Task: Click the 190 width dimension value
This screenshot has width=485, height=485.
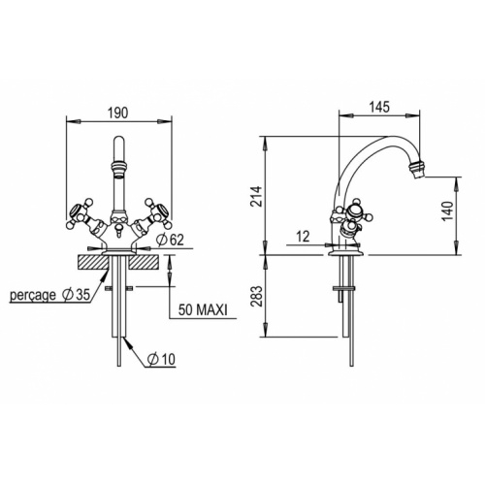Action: tap(118, 113)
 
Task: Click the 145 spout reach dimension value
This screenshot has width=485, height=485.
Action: tap(379, 107)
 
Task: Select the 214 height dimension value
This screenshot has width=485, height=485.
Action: tap(256, 196)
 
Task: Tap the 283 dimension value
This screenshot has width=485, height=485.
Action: tap(256, 296)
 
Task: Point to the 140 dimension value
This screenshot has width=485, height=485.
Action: tap(447, 210)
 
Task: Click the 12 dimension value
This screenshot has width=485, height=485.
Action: tap(303, 237)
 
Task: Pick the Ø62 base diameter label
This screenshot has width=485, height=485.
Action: tap(170, 240)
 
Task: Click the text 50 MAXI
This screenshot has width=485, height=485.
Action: tap(203, 310)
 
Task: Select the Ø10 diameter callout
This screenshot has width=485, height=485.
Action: tap(161, 359)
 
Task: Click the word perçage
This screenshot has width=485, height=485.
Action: tap(33, 295)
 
